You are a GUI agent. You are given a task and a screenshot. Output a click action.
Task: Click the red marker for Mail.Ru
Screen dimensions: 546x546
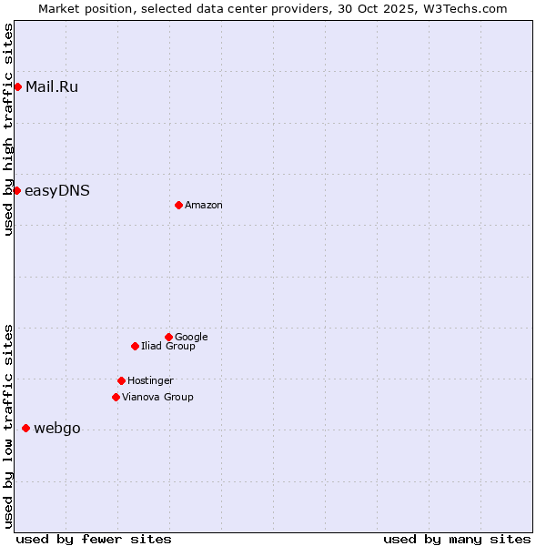pyautogui.click(x=17, y=86)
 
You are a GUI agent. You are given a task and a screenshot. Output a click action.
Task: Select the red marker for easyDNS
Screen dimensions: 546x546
pyautogui.click(x=16, y=190)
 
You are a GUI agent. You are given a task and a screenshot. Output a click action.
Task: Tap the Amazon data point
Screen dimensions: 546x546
pyautogui.click(x=178, y=205)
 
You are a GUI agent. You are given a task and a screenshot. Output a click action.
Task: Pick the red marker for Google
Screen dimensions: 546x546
pyautogui.click(x=168, y=337)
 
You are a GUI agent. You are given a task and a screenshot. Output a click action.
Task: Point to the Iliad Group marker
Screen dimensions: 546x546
pyautogui.click(x=135, y=346)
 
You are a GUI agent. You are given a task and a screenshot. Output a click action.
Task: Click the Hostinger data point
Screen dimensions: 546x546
pyautogui.click(x=121, y=380)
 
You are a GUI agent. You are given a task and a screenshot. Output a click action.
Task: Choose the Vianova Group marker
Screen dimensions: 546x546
pyautogui.click(x=116, y=397)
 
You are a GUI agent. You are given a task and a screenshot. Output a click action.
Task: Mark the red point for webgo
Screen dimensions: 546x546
pyautogui.click(x=25, y=428)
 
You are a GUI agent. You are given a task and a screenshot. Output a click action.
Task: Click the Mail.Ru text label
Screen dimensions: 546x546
pyautogui.click(x=52, y=87)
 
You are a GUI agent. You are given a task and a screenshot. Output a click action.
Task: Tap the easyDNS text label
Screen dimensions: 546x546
pyautogui.click(x=56, y=191)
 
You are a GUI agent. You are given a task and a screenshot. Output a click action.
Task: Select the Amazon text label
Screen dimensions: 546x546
pyautogui.click(x=203, y=206)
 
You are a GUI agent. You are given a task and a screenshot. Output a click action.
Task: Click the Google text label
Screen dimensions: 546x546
pyautogui.click(x=191, y=338)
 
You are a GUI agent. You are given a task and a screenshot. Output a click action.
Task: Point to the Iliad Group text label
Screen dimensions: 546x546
pyautogui.click(x=167, y=347)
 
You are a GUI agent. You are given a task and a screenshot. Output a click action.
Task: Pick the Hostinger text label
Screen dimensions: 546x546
pyautogui.click(x=150, y=381)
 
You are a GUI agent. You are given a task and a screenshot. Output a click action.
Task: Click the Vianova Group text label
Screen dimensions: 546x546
pyautogui.click(x=157, y=398)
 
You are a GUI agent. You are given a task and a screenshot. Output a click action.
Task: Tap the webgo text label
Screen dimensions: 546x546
pyautogui.click(x=56, y=429)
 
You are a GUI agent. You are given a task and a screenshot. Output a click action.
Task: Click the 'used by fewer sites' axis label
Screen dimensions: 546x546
pyautogui.click(x=94, y=539)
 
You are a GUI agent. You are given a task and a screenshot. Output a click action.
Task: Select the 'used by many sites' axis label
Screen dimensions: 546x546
pyautogui.click(x=457, y=539)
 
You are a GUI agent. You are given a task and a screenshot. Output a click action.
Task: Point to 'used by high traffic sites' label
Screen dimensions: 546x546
pyautogui.click(x=8, y=129)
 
